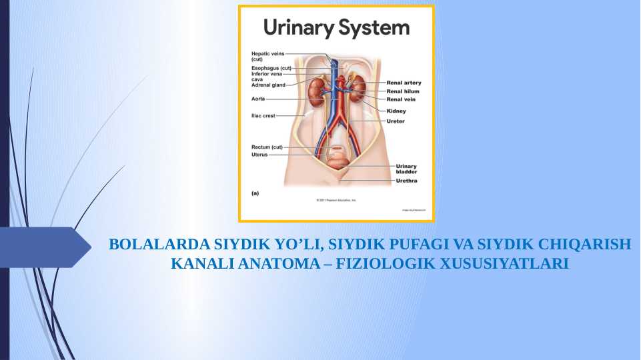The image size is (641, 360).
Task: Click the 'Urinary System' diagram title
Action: [336, 28]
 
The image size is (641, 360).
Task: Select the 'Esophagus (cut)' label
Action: [271, 68]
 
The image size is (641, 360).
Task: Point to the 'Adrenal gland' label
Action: [268, 85]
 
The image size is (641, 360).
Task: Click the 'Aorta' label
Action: [258, 99]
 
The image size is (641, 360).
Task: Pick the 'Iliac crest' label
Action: [263, 115]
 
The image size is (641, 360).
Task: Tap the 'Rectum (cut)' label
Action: [267, 147]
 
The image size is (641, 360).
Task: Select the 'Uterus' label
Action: [259, 154]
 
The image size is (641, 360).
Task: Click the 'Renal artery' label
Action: [404, 83]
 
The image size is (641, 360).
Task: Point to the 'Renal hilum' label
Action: [403, 91]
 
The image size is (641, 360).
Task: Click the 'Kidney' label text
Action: [396, 111]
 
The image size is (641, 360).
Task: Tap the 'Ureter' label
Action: [396, 121]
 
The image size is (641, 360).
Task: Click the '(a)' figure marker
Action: [255, 193]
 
